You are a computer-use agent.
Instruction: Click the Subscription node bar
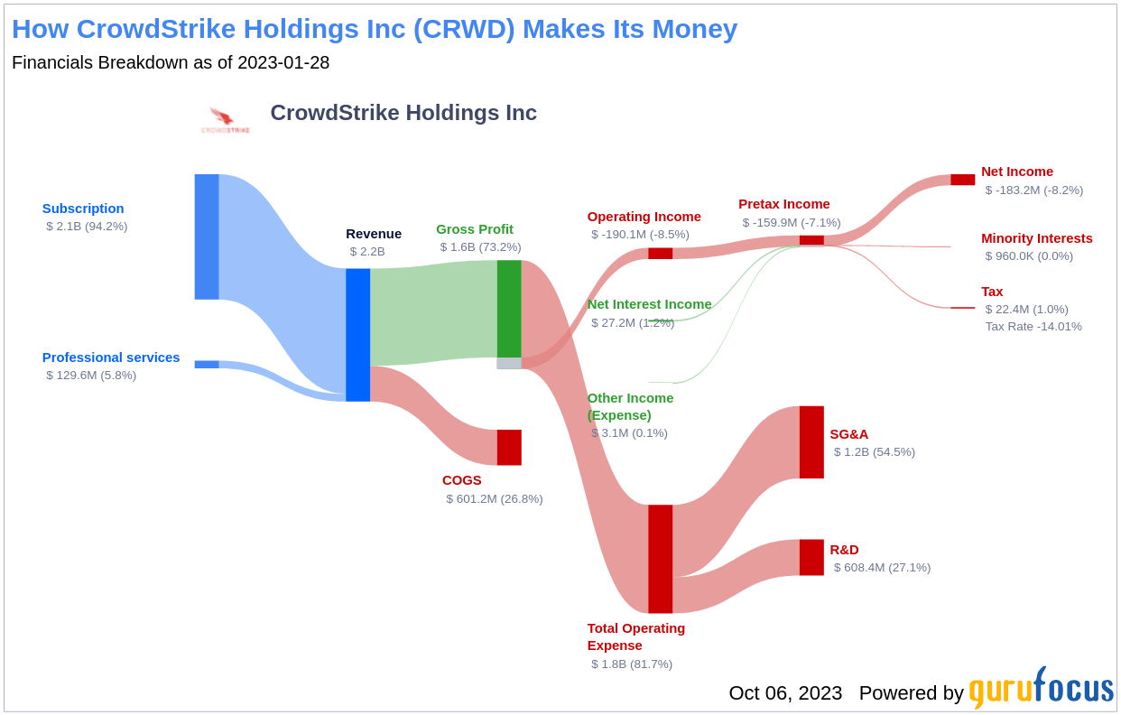point(207,237)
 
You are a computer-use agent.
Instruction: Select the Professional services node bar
point(207,365)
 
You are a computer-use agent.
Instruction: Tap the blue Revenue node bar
point(357,335)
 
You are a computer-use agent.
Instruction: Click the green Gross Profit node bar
point(509,309)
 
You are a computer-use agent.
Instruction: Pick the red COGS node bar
point(509,448)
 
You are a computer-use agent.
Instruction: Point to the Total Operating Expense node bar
point(660,559)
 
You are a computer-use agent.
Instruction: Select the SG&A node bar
point(811,442)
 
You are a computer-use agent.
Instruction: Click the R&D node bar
point(811,557)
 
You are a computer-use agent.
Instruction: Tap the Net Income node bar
point(962,180)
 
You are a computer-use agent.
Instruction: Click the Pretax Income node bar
point(811,240)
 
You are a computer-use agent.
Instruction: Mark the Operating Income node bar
point(660,254)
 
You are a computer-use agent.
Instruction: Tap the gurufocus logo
point(1041,689)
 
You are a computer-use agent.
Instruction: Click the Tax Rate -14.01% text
point(1033,327)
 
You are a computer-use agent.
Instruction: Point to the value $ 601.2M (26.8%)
point(495,499)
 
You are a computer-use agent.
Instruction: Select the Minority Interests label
point(1036,238)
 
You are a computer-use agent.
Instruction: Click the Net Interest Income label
point(649,304)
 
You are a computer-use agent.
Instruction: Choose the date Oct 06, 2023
point(785,693)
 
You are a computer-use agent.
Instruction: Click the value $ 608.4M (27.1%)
point(882,568)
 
